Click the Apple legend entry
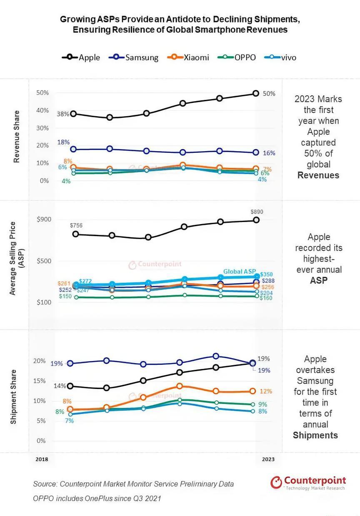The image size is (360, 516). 81,57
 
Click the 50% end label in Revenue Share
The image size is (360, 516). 269,94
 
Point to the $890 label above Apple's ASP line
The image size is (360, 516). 257,212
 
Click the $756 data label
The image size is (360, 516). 76,225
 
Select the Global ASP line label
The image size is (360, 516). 240,272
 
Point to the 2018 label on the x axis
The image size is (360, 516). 42,459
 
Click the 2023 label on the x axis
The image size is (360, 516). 268,459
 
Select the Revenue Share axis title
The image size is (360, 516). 17,137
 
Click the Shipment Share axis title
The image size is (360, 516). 14,397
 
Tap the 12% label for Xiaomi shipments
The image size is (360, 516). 266,391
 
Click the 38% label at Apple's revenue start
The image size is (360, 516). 63,114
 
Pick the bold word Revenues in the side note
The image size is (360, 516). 318,175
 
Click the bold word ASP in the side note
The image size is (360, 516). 319,280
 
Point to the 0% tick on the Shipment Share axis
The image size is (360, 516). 41,441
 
